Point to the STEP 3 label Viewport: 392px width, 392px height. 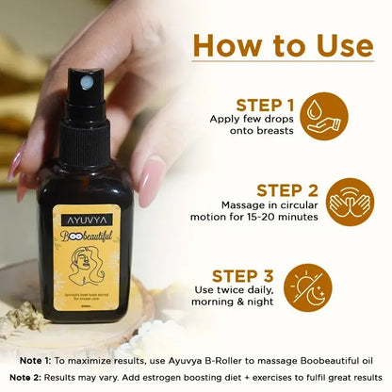[242, 276]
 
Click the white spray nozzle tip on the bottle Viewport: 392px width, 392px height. [86, 84]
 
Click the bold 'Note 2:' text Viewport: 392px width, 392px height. [41, 378]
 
